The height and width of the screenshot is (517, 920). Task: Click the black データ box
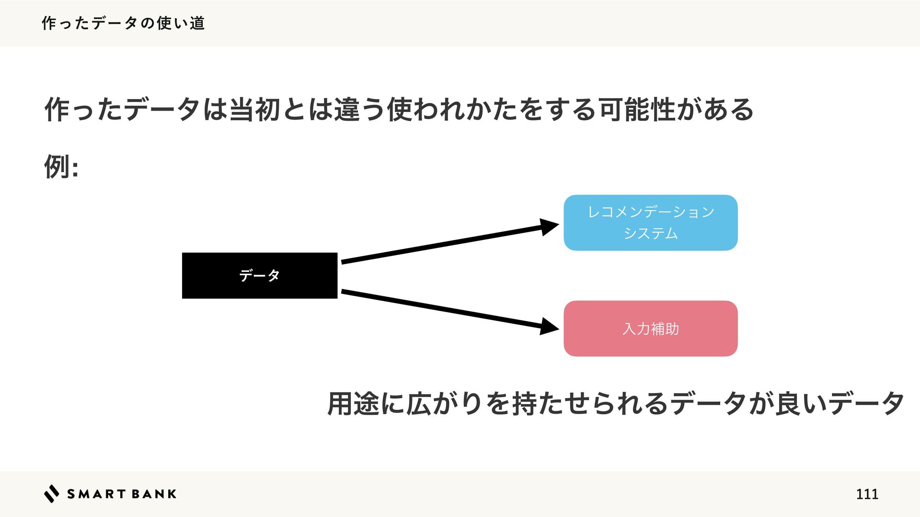pyautogui.click(x=259, y=275)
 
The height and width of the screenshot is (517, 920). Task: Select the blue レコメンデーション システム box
pyautogui.click(x=650, y=223)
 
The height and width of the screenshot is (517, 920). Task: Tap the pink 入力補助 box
pyautogui.click(x=650, y=328)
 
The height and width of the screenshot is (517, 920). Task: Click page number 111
pyautogui.click(x=867, y=494)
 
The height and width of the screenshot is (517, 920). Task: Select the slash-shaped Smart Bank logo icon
pyautogui.click(x=51, y=494)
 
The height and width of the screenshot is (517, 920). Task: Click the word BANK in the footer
pyautogui.click(x=154, y=494)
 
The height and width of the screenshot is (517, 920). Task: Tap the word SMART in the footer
pyautogui.click(x=95, y=494)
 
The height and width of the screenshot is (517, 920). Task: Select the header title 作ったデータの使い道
pyautogui.click(x=123, y=23)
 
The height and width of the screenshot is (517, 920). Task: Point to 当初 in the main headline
pyautogui.click(x=254, y=109)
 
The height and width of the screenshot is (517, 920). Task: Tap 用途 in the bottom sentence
pyautogui.click(x=353, y=403)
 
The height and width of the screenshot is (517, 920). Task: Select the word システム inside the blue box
pyautogui.click(x=650, y=233)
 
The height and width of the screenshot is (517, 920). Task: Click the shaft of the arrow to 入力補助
pyautogui.click(x=441, y=309)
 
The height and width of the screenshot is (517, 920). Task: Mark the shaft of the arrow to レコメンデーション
pyautogui.click(x=441, y=245)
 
